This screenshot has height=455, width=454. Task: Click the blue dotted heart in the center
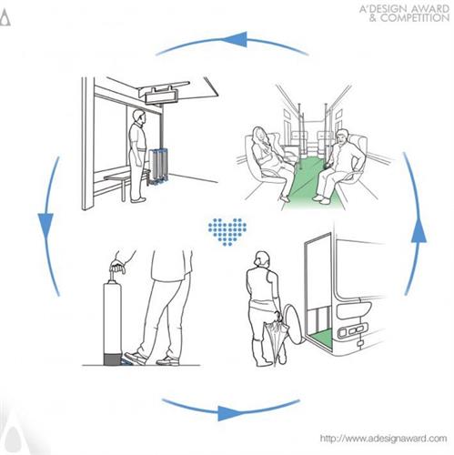click(x=227, y=231)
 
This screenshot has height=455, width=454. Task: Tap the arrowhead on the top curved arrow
click(x=234, y=39)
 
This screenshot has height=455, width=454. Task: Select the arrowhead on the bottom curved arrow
click(x=230, y=413)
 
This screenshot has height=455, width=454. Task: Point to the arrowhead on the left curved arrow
click(x=45, y=226)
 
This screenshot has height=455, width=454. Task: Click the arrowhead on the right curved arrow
click(x=419, y=230)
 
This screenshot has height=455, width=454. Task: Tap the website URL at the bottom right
click(x=383, y=439)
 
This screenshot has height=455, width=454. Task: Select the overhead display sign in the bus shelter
click(x=160, y=97)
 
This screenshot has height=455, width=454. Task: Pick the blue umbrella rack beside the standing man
click(x=158, y=167)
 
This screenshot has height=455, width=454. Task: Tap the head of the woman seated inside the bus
click(x=259, y=135)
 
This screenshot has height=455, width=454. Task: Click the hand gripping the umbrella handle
click(x=117, y=266)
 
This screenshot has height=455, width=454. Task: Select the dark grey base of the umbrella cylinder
click(x=113, y=359)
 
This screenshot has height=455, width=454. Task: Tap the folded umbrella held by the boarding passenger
click(x=276, y=337)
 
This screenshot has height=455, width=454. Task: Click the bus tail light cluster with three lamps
click(x=353, y=329)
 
